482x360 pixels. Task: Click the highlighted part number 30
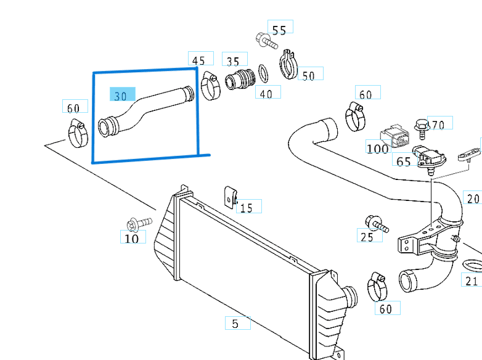(121, 95)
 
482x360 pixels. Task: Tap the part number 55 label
(279, 29)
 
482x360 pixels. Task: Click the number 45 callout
(198, 60)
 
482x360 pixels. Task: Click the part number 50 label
(308, 75)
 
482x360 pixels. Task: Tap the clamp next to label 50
(288, 63)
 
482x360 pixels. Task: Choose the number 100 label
(377, 148)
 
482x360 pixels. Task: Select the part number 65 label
(404, 161)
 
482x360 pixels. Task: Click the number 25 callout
(367, 237)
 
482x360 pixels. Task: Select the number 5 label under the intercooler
(235, 322)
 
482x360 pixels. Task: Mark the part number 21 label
(472, 281)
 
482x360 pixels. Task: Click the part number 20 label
(473, 198)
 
